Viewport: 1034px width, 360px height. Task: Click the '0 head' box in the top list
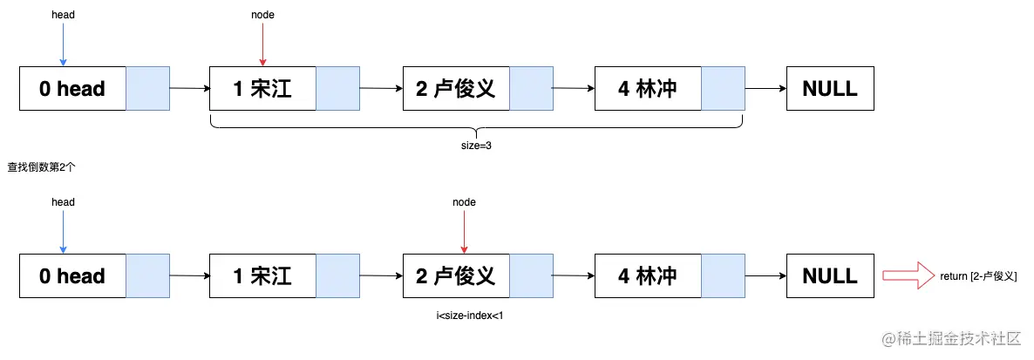click(x=72, y=88)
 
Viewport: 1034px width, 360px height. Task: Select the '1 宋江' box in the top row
click(x=262, y=88)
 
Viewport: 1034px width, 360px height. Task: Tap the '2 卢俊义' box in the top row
click(x=455, y=88)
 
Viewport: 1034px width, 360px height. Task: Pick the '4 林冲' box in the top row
click(x=647, y=88)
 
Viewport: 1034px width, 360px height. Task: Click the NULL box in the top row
click(x=830, y=88)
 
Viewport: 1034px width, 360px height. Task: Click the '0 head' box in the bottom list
click(x=72, y=276)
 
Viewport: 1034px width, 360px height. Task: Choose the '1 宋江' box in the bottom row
click(x=262, y=276)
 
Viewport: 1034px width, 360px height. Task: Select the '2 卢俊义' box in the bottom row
click(x=455, y=276)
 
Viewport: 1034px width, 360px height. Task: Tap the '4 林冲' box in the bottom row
click(x=647, y=276)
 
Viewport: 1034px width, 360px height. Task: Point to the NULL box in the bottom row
click(x=830, y=276)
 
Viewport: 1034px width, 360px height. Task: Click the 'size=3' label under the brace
click(x=477, y=146)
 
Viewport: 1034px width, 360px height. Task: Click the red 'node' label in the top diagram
click(x=262, y=15)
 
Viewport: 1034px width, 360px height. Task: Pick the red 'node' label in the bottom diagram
click(x=464, y=202)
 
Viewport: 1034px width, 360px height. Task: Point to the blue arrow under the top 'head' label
click(x=63, y=44)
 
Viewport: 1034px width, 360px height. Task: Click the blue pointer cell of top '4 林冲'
click(x=723, y=88)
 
